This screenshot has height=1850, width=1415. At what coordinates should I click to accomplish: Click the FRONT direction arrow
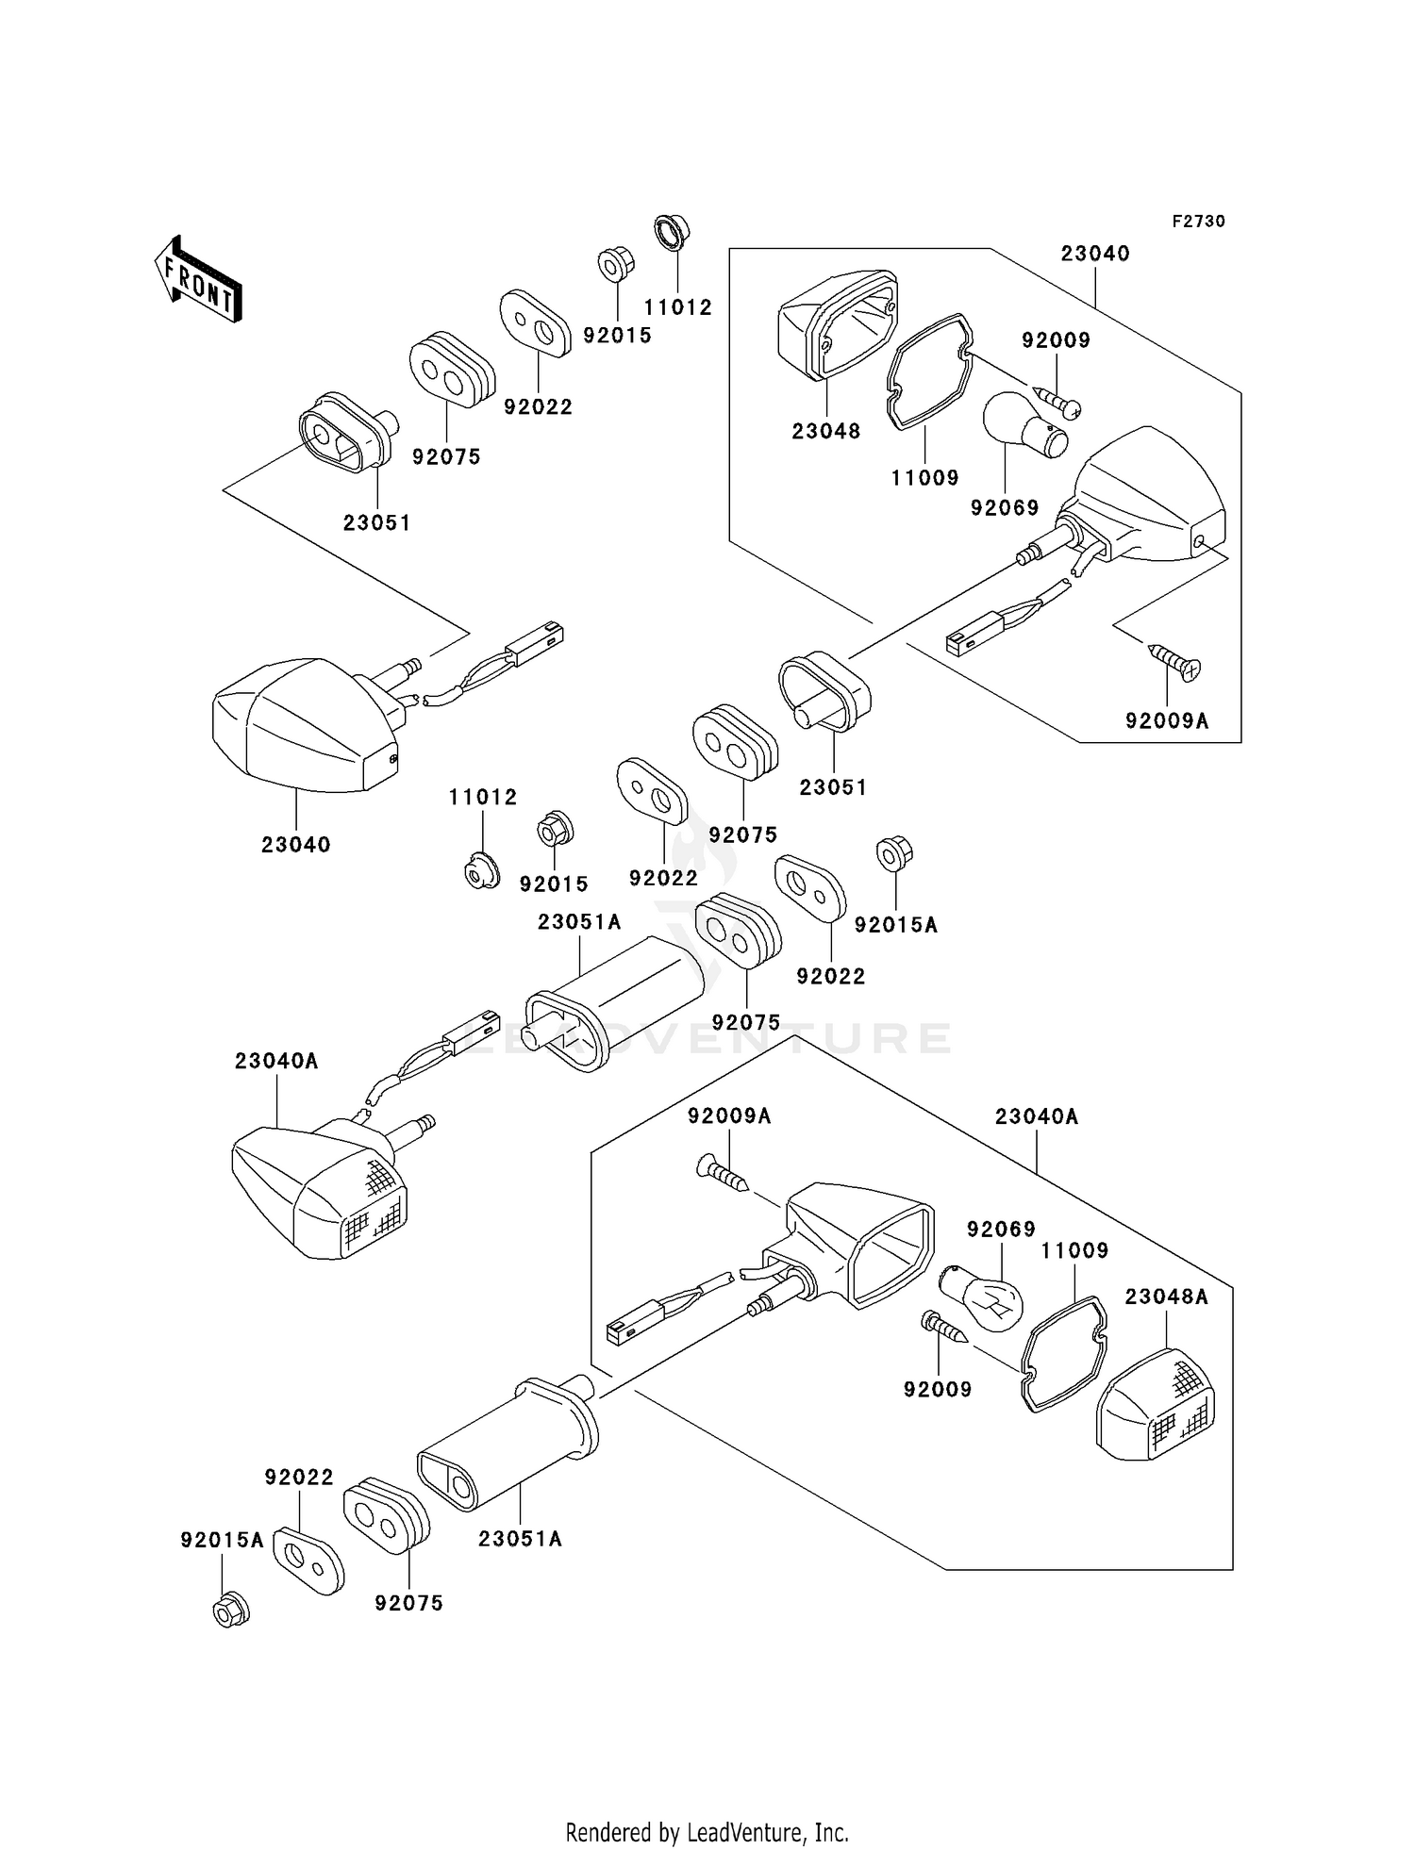(199, 280)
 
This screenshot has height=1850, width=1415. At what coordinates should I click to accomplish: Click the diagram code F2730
(1198, 222)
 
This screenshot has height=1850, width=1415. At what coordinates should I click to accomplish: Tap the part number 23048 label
(826, 432)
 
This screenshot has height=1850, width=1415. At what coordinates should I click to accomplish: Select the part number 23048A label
(1167, 1297)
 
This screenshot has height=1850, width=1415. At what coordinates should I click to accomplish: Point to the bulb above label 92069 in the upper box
(1024, 426)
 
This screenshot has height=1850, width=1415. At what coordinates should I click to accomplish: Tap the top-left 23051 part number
(377, 522)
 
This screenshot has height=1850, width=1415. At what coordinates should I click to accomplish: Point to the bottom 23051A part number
(521, 1539)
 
